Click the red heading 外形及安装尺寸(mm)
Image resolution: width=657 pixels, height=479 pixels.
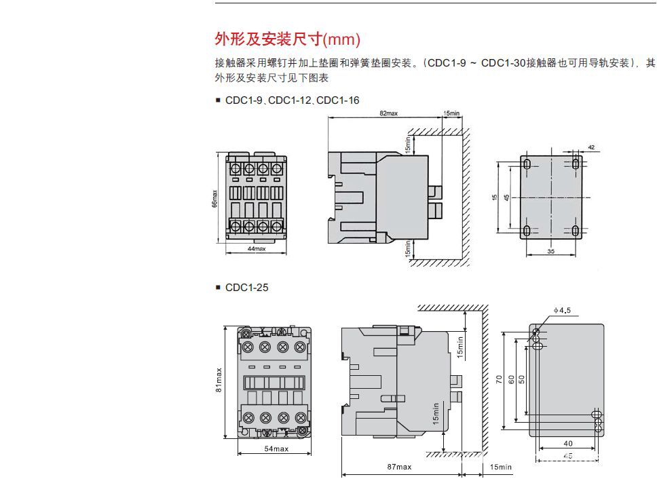click(x=287, y=39)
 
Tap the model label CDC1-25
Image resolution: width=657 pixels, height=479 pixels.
click(x=246, y=288)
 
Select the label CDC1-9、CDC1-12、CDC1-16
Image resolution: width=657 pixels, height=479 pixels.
click(x=292, y=100)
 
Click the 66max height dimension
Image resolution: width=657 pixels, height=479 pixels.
click(x=215, y=198)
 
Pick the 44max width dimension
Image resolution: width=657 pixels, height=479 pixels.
click(x=256, y=249)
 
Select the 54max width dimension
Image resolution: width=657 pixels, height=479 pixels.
click(x=276, y=449)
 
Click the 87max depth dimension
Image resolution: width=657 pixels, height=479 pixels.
click(x=399, y=467)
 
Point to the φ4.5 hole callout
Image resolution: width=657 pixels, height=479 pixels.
click(x=563, y=311)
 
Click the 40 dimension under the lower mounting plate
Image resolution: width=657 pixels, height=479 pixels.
click(x=567, y=443)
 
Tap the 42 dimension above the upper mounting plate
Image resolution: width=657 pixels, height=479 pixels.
click(x=590, y=148)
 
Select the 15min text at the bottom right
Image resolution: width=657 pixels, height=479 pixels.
click(x=501, y=467)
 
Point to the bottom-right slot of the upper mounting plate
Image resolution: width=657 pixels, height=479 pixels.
click(x=575, y=231)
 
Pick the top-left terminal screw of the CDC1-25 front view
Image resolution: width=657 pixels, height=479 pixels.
click(x=248, y=347)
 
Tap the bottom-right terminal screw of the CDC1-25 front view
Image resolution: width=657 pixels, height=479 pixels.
click(x=299, y=415)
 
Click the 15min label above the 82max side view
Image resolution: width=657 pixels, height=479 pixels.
click(x=451, y=113)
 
